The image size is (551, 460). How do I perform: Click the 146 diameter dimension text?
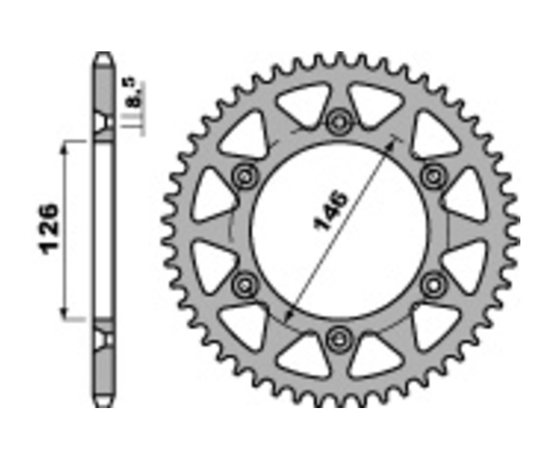pyautogui.click(x=331, y=211)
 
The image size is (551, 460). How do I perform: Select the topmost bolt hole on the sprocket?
pyautogui.click(x=337, y=122)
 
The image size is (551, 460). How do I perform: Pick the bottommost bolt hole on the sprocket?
pyautogui.click(x=337, y=338)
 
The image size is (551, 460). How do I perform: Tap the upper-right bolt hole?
pyautogui.click(x=433, y=175)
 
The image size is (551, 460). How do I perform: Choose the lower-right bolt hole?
pyautogui.click(x=433, y=283)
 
